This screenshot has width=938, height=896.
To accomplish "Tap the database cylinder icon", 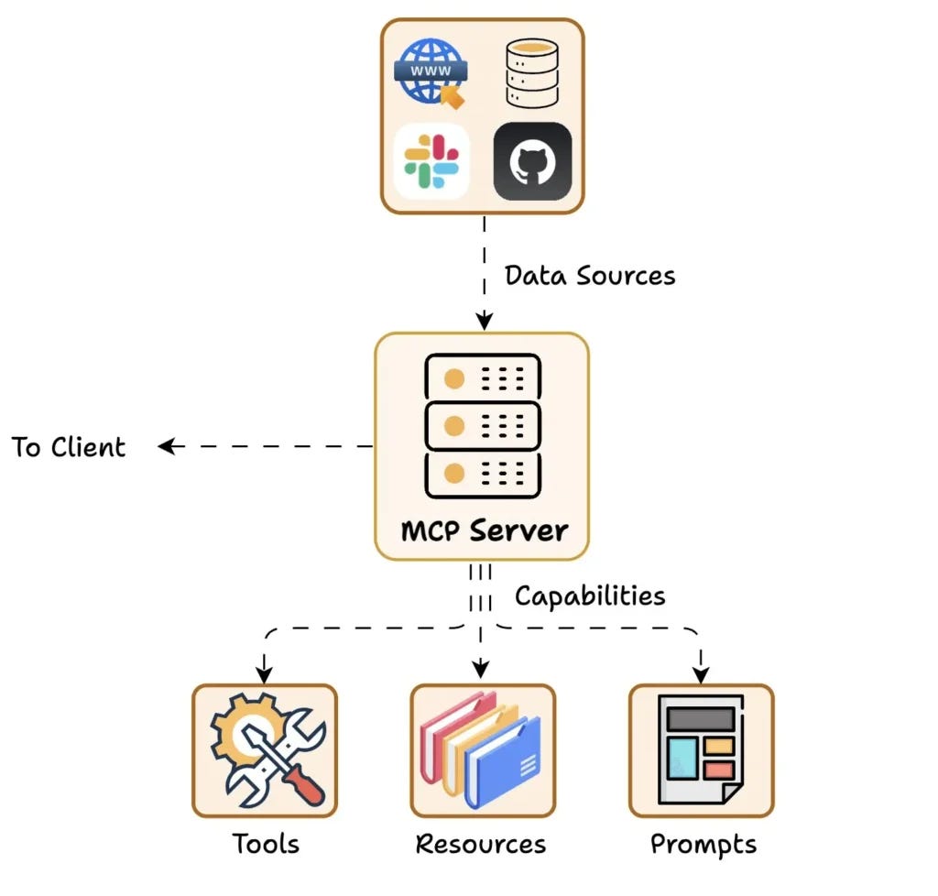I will tap(531, 71).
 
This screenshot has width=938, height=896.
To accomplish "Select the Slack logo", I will tap(431, 161).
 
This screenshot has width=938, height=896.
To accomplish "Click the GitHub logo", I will tap(532, 161).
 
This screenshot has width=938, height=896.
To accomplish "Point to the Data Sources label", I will tap(590, 275).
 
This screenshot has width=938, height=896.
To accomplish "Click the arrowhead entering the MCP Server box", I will tap(483, 321).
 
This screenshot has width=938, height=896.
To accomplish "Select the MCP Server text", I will tap(484, 530).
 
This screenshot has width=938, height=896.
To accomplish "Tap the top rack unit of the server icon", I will tap(483, 377).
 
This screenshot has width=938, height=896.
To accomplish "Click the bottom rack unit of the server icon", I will tap(483, 474).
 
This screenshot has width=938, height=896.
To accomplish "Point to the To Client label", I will tap(69, 447).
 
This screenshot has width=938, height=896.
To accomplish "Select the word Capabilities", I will tap(589, 596).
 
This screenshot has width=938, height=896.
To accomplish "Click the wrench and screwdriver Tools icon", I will tap(265, 749).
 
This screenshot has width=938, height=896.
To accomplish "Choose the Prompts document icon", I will tap(701, 749).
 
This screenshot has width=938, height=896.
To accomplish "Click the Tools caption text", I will tap(265, 843).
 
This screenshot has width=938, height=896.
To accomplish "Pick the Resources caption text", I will tap(481, 843).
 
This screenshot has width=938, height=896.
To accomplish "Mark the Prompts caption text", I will tap(703, 844).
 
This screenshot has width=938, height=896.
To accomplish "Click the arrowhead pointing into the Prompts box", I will tap(701, 675).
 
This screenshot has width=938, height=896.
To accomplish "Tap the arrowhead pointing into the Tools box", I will tap(265, 675).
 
